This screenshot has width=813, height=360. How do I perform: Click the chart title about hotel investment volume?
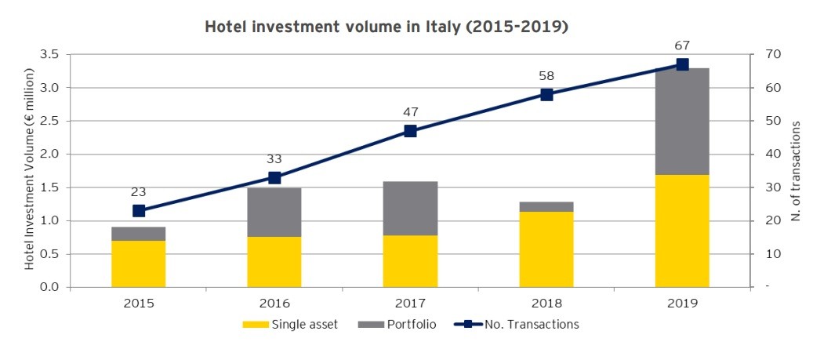[386, 27]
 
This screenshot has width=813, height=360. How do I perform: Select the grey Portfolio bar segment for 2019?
[682, 122]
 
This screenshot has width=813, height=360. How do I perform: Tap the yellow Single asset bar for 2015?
[139, 264]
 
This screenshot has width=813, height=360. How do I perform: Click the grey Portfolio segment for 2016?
[274, 212]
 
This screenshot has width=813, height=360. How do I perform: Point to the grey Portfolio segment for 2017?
[410, 208]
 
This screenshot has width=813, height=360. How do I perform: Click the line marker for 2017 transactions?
[410, 131]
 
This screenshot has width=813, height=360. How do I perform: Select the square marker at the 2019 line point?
[682, 64]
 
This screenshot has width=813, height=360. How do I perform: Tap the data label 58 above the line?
[546, 76]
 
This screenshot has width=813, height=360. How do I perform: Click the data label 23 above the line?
[139, 191]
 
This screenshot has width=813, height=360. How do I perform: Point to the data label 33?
[274, 159]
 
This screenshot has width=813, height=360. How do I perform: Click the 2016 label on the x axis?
[274, 303]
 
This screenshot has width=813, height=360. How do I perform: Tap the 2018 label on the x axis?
[546, 303]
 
